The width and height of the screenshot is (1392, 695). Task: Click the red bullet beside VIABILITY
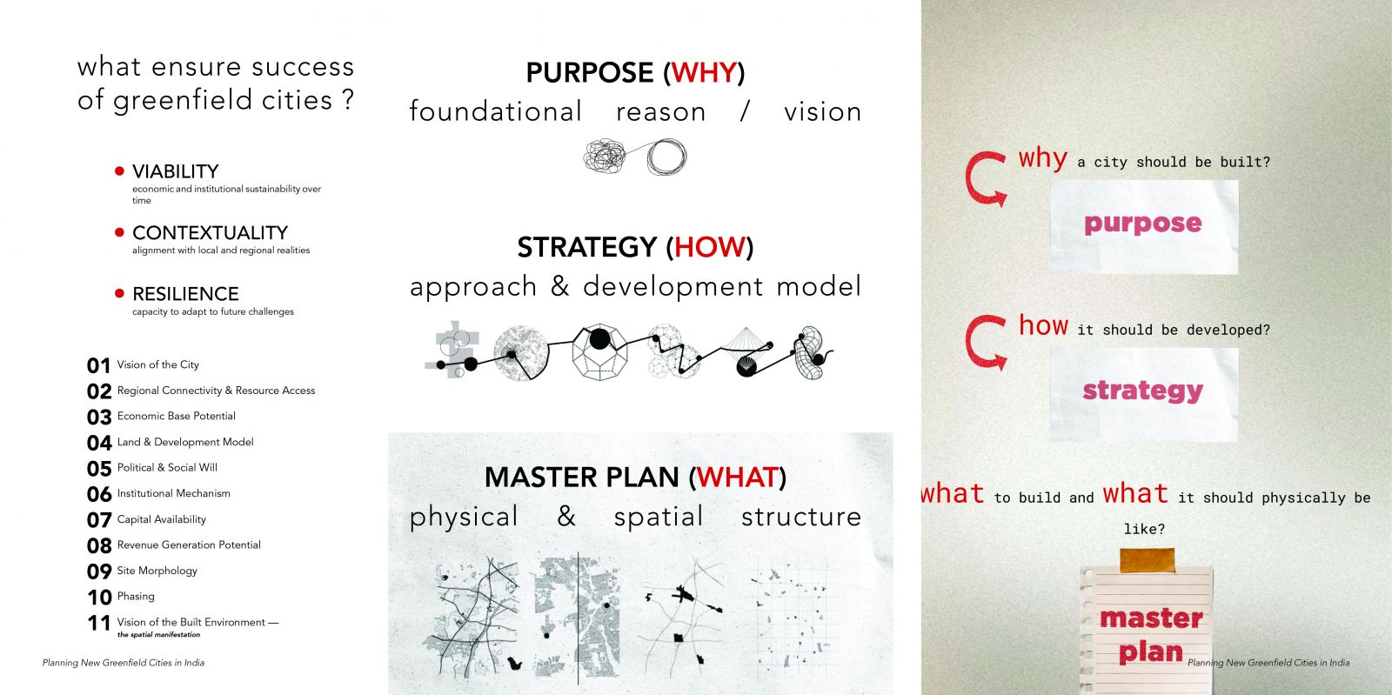[119, 170]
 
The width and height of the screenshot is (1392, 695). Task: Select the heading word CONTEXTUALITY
[210, 233]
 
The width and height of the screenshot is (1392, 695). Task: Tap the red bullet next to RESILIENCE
[119, 293]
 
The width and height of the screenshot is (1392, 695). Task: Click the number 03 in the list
[99, 417]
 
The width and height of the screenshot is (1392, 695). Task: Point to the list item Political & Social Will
[167, 468]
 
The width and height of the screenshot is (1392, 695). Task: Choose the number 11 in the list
[99, 623]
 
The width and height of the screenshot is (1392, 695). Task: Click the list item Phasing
[136, 596]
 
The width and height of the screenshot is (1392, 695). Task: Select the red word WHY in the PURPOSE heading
[704, 73]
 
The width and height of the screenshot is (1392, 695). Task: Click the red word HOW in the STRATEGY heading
[710, 247]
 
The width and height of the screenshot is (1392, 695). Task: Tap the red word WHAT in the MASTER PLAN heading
[737, 478]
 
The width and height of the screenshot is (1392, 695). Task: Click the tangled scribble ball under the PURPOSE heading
[605, 156]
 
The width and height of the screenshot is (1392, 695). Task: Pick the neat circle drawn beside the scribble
[666, 157]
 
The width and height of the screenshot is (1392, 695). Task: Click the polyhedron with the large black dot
[599, 351]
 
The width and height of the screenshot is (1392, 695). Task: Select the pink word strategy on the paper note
[1143, 391]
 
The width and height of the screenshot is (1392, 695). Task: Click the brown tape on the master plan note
[1148, 560]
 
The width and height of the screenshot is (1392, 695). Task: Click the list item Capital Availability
[162, 519]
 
